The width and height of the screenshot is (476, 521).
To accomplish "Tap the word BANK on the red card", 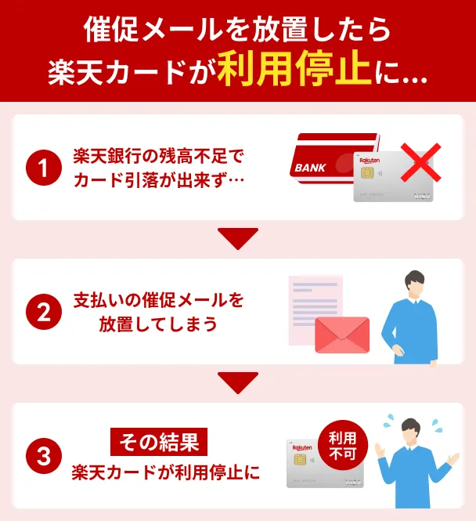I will (311, 168).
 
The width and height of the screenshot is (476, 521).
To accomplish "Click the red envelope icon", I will (341, 336).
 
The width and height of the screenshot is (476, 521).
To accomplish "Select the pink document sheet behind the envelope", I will (313, 302).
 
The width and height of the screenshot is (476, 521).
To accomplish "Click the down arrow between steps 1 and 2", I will (237, 237).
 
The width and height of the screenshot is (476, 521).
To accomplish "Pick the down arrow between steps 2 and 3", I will (237, 382).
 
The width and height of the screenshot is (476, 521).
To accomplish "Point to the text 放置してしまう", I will (158, 324).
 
